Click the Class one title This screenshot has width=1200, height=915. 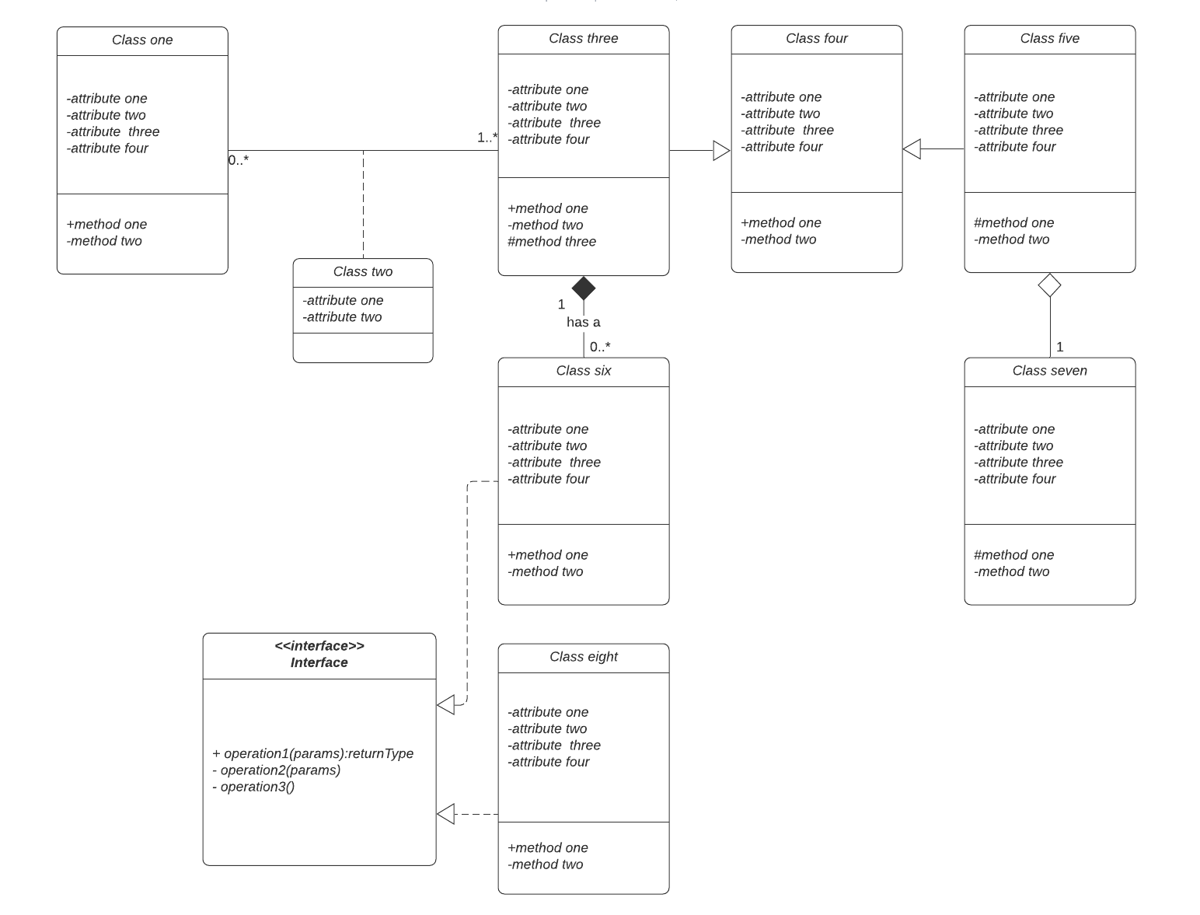click(x=142, y=40)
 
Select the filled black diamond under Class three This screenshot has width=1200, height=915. click(x=584, y=288)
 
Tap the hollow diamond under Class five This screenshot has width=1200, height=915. click(x=1050, y=285)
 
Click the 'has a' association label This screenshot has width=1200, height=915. click(x=583, y=322)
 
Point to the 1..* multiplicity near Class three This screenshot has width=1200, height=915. click(x=487, y=138)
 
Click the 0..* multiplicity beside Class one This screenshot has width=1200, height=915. click(x=239, y=160)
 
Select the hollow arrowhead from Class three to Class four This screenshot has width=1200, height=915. click(x=721, y=151)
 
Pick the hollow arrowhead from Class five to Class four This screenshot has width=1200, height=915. click(x=912, y=148)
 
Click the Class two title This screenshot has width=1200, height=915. click(x=363, y=272)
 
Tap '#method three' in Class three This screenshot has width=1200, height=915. click(x=552, y=242)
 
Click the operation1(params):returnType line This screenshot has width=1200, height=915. click(x=312, y=753)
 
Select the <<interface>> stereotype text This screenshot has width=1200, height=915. click(x=319, y=646)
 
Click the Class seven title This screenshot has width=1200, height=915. click(x=1049, y=371)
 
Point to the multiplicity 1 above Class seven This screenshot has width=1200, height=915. click(x=1059, y=347)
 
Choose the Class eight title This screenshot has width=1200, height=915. click(x=583, y=657)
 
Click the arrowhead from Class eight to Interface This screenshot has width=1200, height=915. click(x=445, y=814)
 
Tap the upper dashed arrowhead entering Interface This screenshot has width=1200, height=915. click(x=445, y=705)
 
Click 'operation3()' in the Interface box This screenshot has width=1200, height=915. click(x=253, y=787)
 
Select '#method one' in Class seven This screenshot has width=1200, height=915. click(x=1013, y=555)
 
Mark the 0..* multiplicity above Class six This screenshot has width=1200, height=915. click(x=600, y=347)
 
